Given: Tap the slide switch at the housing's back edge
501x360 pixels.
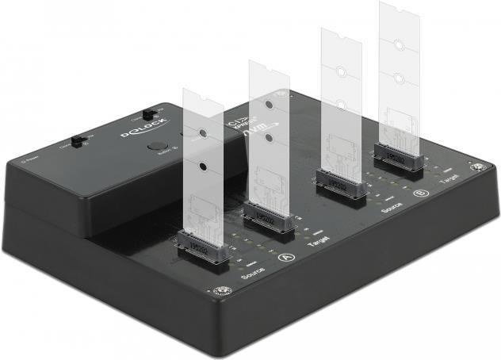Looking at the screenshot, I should pos(148,115).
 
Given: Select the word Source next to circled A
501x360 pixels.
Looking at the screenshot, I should pos(252,274).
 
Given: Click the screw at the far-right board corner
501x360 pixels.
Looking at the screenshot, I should pos(477,168).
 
